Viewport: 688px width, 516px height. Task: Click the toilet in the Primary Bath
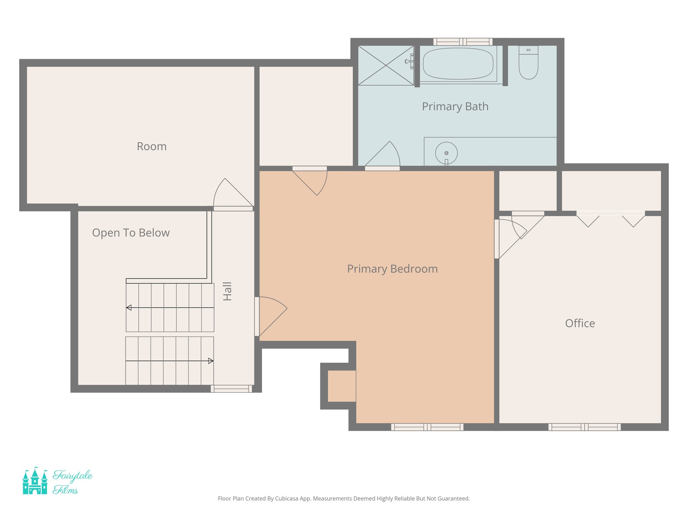(528, 64)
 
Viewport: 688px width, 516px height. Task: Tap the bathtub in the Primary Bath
(458, 64)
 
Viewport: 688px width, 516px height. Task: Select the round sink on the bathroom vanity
(446, 153)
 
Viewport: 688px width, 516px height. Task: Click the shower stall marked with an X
(386, 66)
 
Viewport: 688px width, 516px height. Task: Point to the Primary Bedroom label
(392, 269)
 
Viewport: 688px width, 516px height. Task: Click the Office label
(580, 323)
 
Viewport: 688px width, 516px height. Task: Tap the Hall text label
(227, 291)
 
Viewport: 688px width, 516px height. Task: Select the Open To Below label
(131, 233)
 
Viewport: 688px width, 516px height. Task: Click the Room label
(152, 146)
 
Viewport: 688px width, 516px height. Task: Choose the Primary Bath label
(455, 106)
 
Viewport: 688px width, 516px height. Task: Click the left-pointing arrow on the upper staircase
(129, 307)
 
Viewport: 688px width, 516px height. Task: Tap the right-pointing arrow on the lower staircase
(210, 361)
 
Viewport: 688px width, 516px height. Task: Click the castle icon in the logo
(35, 482)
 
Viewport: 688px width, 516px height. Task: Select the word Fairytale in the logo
(73, 476)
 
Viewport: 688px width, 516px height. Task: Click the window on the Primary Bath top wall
(463, 42)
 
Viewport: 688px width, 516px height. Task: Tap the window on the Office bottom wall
(584, 427)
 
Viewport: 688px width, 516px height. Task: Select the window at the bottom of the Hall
(231, 389)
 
